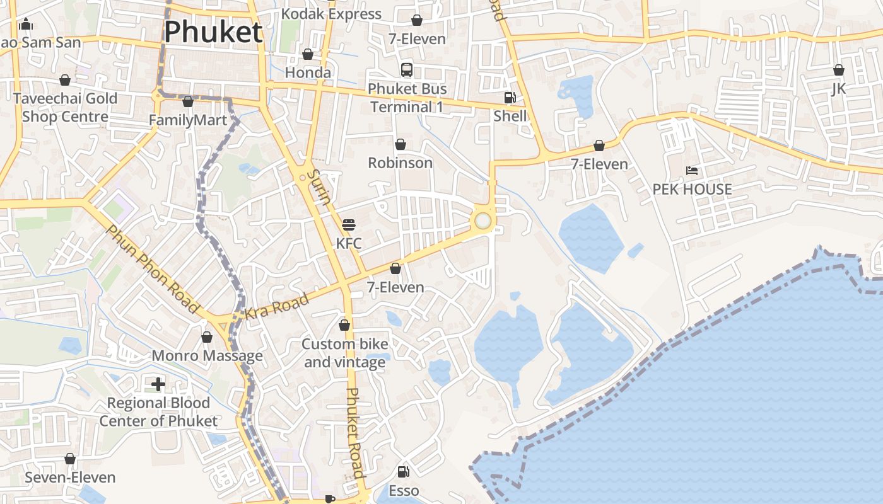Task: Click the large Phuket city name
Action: click(213, 32)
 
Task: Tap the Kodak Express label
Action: click(331, 14)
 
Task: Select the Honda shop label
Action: click(308, 72)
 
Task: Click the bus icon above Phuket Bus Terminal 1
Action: click(407, 69)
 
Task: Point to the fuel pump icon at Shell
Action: click(510, 98)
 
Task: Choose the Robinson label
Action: click(400, 163)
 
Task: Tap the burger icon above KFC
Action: click(349, 225)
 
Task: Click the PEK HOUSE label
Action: click(692, 189)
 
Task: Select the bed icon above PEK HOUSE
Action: click(692, 171)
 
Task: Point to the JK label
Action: click(838, 88)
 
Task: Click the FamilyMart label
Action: click(188, 120)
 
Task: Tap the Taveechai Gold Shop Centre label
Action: click(65, 108)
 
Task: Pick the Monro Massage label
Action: click(207, 356)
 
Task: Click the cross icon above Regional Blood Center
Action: click(158, 384)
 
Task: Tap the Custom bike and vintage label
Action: click(344, 353)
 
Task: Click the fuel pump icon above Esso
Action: click(403, 471)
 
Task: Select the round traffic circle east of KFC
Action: click(482, 220)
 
